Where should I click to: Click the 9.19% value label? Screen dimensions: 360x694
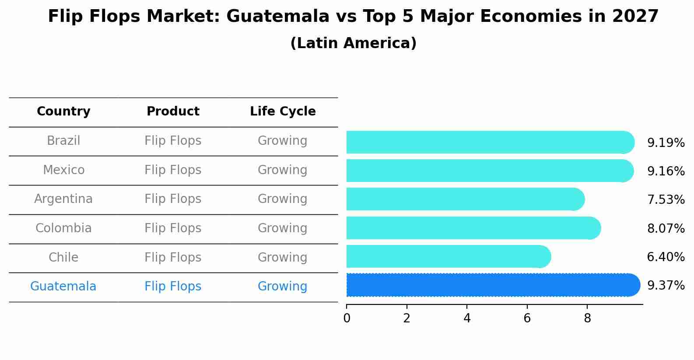click(x=666, y=143)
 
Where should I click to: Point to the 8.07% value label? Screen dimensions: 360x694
click(x=666, y=228)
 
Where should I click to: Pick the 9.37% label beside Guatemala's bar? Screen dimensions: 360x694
click(x=666, y=286)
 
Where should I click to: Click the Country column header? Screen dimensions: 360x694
click(x=63, y=112)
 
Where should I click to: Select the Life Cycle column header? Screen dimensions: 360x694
click(x=283, y=112)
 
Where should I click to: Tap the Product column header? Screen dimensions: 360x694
click(x=173, y=112)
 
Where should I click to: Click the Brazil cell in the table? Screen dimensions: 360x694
click(x=63, y=141)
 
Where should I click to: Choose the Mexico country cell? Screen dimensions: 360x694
click(x=63, y=170)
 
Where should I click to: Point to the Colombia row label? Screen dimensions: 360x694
click(x=63, y=228)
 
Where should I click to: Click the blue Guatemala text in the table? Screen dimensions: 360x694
click(x=63, y=287)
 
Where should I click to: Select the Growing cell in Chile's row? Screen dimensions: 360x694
click(x=282, y=258)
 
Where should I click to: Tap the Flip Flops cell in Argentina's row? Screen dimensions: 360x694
click(x=173, y=199)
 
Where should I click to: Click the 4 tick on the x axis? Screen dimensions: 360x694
click(x=467, y=318)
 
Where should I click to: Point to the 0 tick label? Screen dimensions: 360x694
click(x=347, y=318)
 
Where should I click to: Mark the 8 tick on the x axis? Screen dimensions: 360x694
click(x=587, y=318)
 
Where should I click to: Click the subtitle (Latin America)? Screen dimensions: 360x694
click(x=353, y=43)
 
